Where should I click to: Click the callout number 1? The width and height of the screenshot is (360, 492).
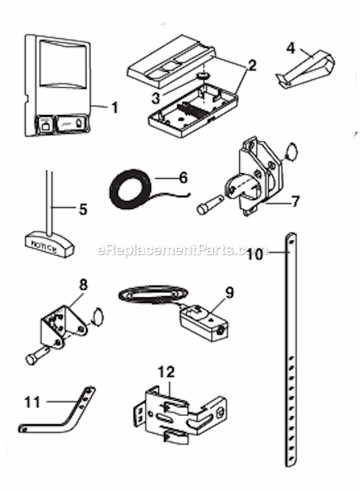click(x=115, y=107)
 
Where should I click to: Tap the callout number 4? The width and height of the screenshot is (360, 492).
click(x=291, y=48)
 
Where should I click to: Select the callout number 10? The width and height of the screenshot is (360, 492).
click(x=255, y=254)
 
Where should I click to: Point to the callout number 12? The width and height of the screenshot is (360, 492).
click(x=166, y=372)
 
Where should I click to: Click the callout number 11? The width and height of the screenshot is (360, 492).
click(x=33, y=402)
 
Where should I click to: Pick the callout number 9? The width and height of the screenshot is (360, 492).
click(x=229, y=293)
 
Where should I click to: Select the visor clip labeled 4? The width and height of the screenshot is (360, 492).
click(x=306, y=69)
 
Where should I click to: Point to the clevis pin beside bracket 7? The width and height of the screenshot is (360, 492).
click(x=210, y=204)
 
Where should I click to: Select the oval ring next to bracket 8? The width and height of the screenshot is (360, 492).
click(x=97, y=317)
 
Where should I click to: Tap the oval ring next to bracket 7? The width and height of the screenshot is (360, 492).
click(x=291, y=152)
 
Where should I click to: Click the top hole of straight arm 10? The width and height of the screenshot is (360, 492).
click(x=291, y=241)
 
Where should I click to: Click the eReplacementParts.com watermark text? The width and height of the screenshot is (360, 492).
click(x=182, y=250)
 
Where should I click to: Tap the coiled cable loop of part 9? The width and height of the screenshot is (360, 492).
click(x=153, y=295)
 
